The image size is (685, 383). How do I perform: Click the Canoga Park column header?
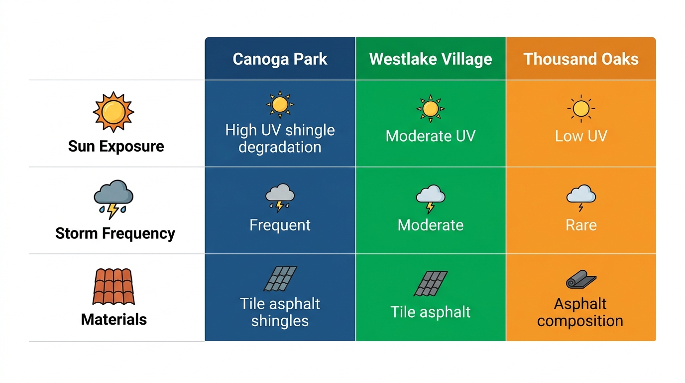tap(280, 59)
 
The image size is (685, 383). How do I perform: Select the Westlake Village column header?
tap(431, 59)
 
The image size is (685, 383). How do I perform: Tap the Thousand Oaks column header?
tap(581, 59)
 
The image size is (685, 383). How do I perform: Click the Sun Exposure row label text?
tap(116, 146)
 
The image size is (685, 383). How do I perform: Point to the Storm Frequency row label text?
tap(115, 233)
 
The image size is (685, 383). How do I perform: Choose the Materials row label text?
tap(114, 319)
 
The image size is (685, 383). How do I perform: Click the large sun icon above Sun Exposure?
tap(114, 112)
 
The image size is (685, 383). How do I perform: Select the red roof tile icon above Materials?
tap(114, 286)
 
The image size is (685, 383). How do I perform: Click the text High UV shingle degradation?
tap(280, 139)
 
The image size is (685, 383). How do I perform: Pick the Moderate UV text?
tap(431, 136)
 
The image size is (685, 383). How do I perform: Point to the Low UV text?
tap(581, 136)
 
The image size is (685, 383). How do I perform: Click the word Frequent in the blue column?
tap(280, 225)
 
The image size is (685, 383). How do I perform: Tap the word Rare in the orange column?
tap(581, 225)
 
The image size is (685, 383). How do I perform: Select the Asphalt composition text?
tap(580, 312)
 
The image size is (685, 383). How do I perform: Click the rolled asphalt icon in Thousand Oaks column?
tap(581, 280)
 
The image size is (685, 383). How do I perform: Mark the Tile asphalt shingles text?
tap(280, 312)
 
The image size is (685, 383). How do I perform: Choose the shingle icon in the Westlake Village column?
tap(431, 283)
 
